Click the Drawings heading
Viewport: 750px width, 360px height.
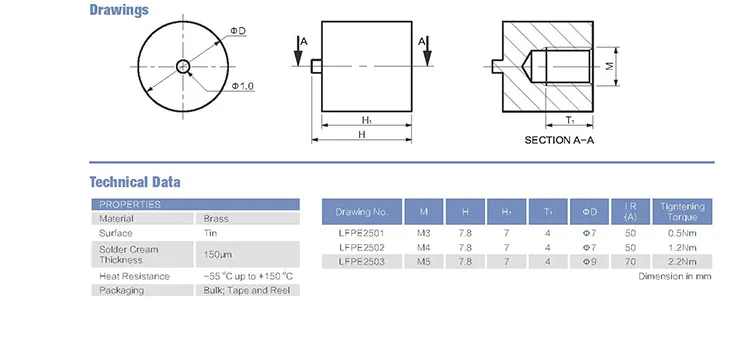(x=118, y=11)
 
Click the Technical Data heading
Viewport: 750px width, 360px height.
(x=135, y=183)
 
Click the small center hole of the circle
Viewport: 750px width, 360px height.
(x=182, y=67)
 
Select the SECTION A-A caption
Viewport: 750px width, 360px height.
(x=559, y=140)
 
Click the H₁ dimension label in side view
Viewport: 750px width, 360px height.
(x=366, y=119)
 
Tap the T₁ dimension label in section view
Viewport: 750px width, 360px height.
(x=569, y=119)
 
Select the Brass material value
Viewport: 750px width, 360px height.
(x=215, y=218)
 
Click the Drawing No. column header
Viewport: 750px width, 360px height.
(x=362, y=212)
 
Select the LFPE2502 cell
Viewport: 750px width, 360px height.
(x=362, y=247)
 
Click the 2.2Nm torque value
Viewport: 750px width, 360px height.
(x=684, y=261)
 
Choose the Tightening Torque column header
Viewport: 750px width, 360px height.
(x=684, y=212)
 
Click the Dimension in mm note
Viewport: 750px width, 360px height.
(x=676, y=276)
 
